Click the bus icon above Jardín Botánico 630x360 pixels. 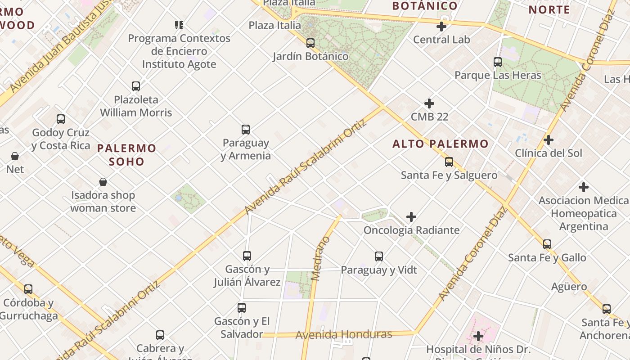(310, 43)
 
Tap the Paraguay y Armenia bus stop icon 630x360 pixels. (246, 130)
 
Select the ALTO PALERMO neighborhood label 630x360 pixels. (440, 144)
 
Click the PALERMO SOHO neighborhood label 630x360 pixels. (127, 154)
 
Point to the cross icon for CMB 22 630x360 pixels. (429, 103)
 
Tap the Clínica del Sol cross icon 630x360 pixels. (548, 140)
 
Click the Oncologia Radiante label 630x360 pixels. (411, 230)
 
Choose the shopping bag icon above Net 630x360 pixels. (15, 156)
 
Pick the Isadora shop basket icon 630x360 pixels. (103, 182)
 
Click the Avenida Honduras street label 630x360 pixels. (344, 334)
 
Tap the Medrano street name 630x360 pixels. (320, 259)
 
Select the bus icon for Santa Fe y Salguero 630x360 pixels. (449, 162)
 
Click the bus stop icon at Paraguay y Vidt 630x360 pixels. (379, 256)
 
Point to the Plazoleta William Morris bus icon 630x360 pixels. (136, 86)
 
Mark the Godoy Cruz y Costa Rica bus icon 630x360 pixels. (61, 119)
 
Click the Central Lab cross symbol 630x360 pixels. (441, 27)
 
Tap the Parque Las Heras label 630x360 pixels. (498, 75)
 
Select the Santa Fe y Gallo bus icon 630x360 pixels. (547, 244)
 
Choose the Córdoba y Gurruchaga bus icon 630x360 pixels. (28, 289)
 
